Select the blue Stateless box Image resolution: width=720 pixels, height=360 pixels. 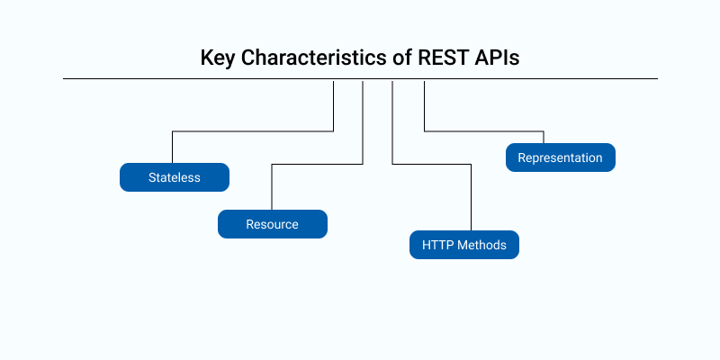click(175, 177)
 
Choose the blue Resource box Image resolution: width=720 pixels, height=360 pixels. click(272, 224)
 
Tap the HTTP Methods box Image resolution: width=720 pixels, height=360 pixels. click(463, 245)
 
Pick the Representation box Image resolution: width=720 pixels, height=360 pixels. click(560, 157)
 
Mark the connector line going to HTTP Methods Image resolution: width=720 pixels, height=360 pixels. click(393, 126)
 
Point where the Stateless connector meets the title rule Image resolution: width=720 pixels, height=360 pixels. click(334, 79)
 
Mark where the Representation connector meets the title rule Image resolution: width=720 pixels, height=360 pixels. click(424, 79)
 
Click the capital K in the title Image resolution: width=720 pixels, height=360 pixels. click(206, 58)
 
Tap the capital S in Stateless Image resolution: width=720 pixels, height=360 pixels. click(152, 177)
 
